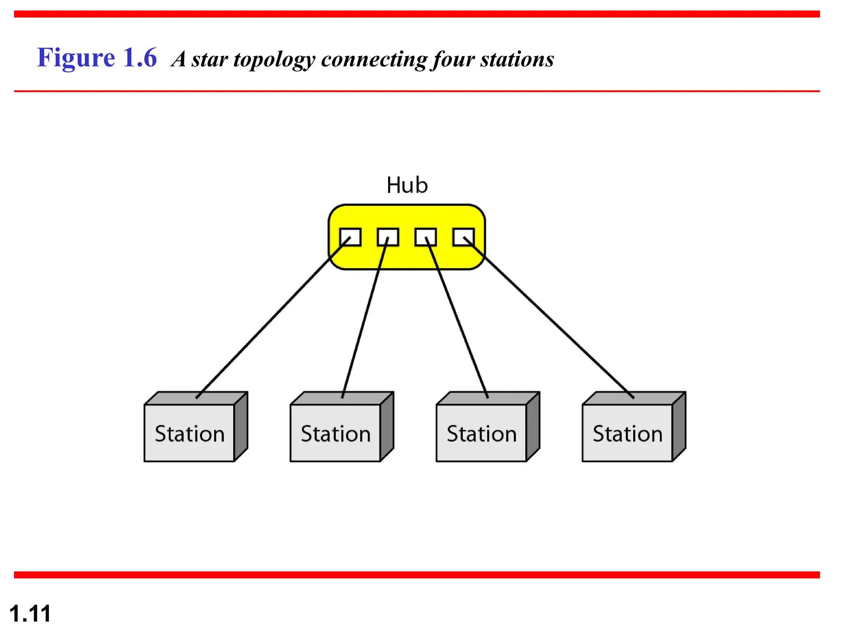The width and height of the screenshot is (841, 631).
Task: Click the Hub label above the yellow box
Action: tap(407, 185)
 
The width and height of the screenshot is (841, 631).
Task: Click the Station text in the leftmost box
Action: tap(190, 434)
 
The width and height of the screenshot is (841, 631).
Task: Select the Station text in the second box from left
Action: tap(335, 434)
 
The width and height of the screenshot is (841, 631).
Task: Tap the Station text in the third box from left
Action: tap(481, 434)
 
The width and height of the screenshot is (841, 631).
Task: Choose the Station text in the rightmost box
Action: tap(627, 434)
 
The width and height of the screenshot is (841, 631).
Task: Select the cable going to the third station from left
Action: tap(457, 318)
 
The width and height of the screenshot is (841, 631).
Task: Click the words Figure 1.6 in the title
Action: tap(97, 58)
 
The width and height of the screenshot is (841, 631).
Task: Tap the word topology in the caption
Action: tap(274, 60)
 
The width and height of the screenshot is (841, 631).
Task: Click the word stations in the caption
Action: tap(517, 60)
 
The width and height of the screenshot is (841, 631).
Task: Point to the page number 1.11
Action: tap(30, 613)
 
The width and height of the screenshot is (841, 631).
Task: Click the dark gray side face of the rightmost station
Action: tap(679, 427)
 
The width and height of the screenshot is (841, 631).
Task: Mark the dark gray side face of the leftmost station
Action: tap(241, 427)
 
